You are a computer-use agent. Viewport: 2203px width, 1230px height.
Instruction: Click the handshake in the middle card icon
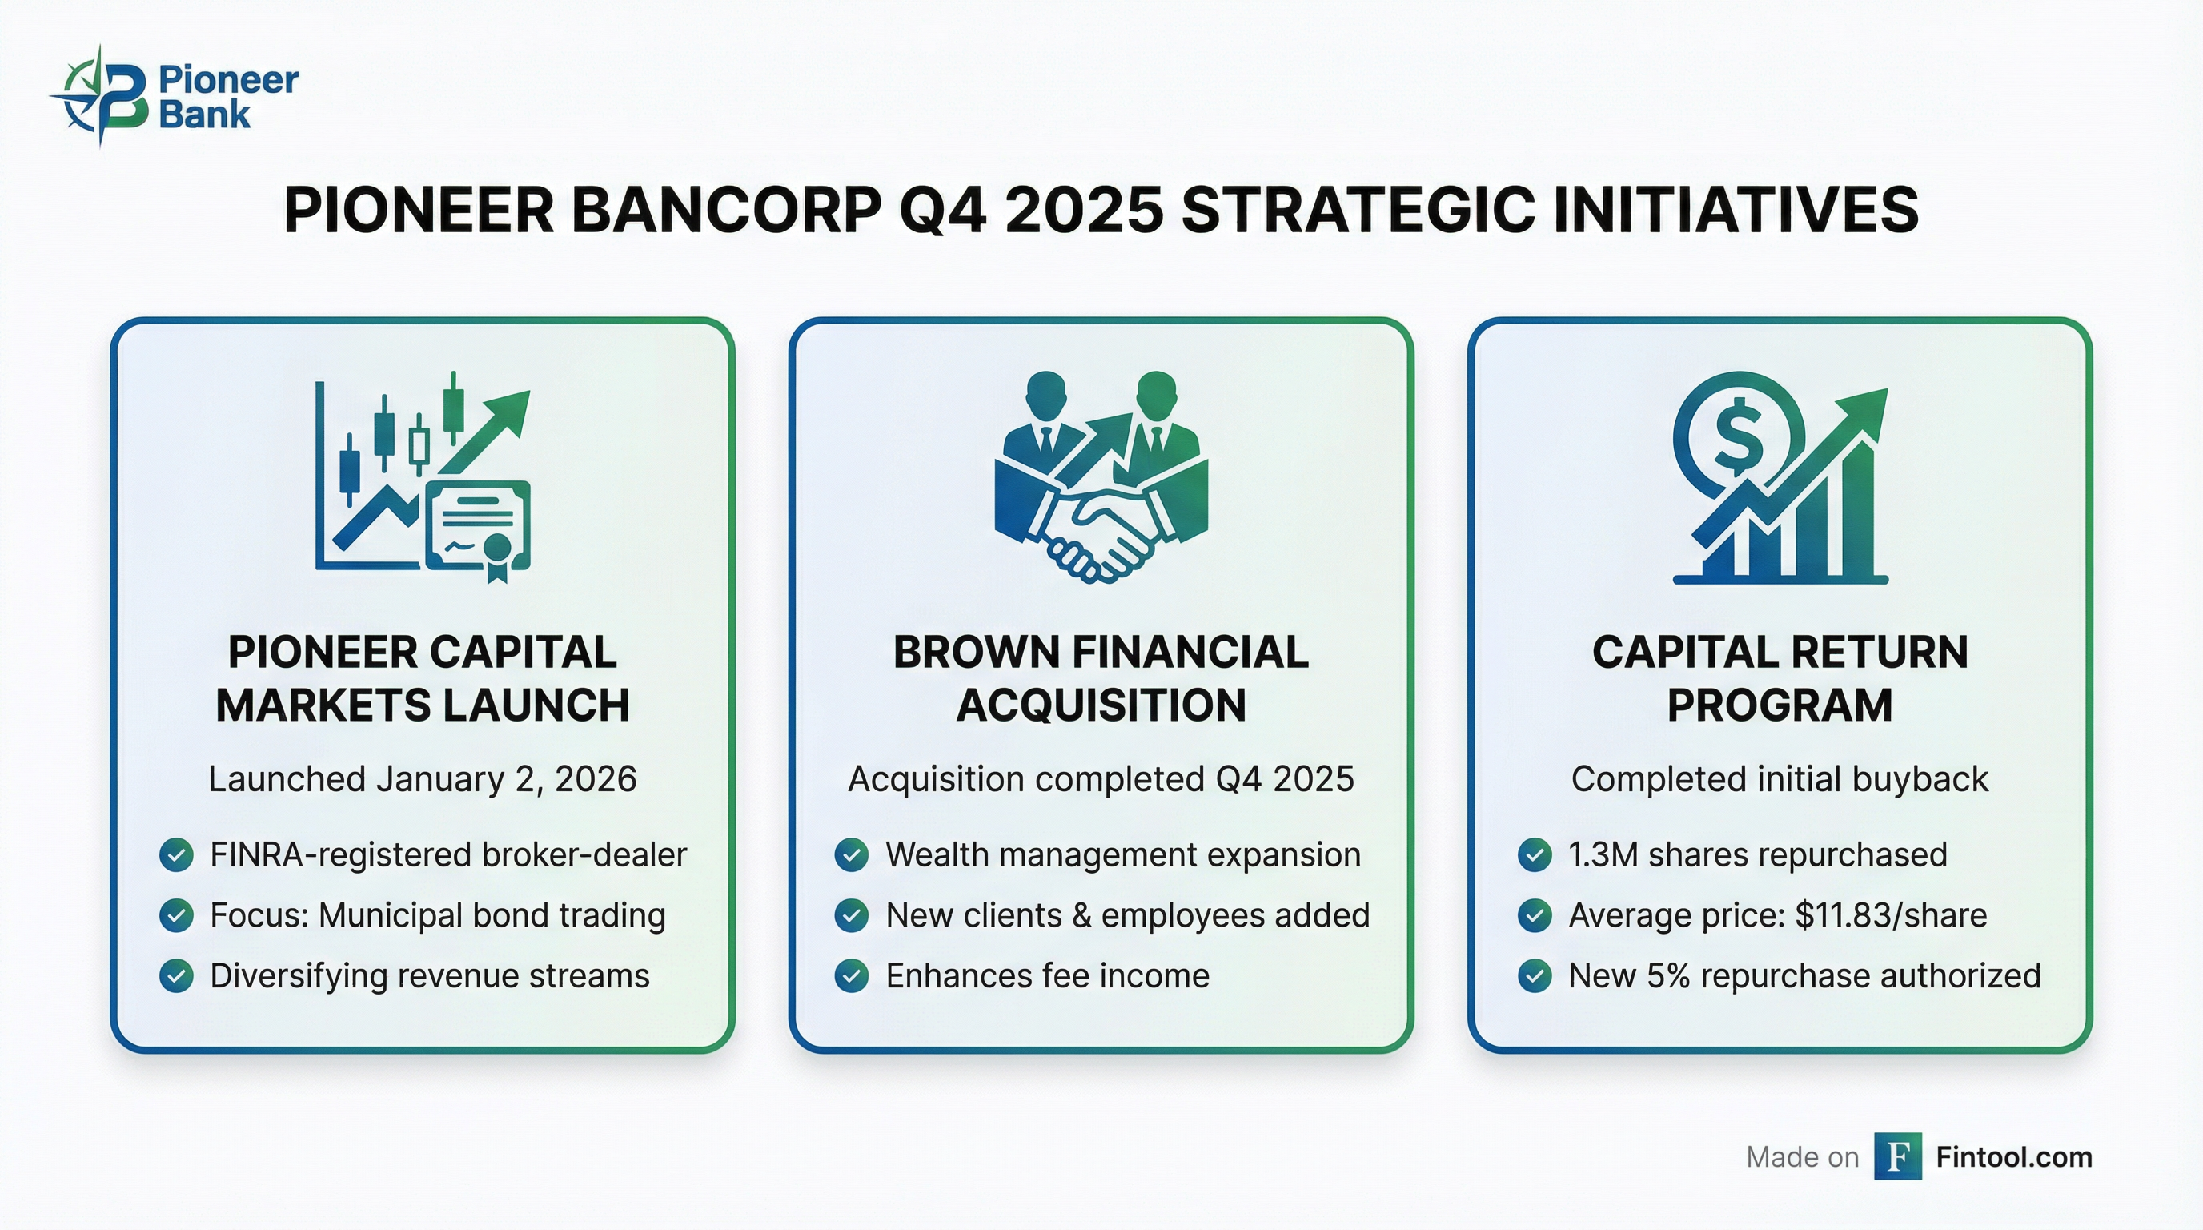[1101, 535]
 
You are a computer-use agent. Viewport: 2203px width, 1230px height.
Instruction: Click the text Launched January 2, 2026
[423, 779]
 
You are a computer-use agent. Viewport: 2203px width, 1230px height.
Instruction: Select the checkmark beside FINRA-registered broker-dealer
[176, 854]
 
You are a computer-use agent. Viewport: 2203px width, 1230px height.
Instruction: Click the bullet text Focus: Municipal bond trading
[437, 915]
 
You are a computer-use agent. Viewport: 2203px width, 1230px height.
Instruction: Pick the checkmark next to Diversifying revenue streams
[176, 976]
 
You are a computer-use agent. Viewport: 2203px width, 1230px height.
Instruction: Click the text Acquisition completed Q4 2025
[1101, 779]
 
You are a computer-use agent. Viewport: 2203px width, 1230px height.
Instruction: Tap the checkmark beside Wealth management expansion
[852, 854]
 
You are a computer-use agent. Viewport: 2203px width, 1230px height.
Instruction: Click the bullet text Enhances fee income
[1047, 976]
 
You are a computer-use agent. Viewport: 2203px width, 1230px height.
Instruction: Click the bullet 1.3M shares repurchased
[1757, 854]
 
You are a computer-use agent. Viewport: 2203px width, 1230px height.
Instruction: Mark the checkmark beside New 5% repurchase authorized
[1535, 976]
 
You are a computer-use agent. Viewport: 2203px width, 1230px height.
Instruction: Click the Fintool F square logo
[1898, 1156]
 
